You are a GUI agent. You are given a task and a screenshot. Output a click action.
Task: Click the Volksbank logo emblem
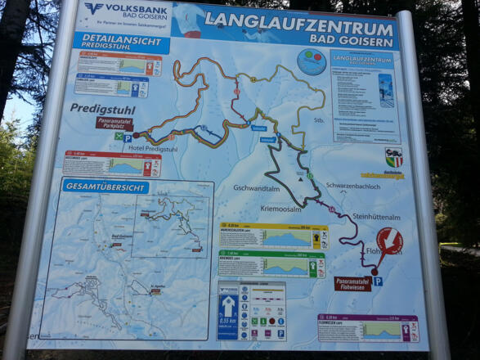point(95,8)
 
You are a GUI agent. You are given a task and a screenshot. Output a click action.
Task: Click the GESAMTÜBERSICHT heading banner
point(105,187)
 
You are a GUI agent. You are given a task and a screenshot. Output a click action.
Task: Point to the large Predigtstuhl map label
point(101,108)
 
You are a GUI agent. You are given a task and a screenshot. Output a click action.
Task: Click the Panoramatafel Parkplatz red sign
point(114,124)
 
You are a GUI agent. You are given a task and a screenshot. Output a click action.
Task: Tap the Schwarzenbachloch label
point(352,186)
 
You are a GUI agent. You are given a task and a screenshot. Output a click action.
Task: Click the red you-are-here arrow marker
point(388,243)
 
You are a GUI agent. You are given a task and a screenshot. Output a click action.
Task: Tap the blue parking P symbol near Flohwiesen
point(378,281)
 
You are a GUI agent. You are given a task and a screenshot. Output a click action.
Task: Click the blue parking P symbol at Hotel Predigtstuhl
point(128,138)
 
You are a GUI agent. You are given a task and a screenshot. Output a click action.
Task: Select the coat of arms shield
point(393,156)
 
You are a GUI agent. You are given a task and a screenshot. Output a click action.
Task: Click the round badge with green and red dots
point(311,62)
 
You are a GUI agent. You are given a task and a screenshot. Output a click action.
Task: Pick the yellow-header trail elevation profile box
point(273,236)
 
